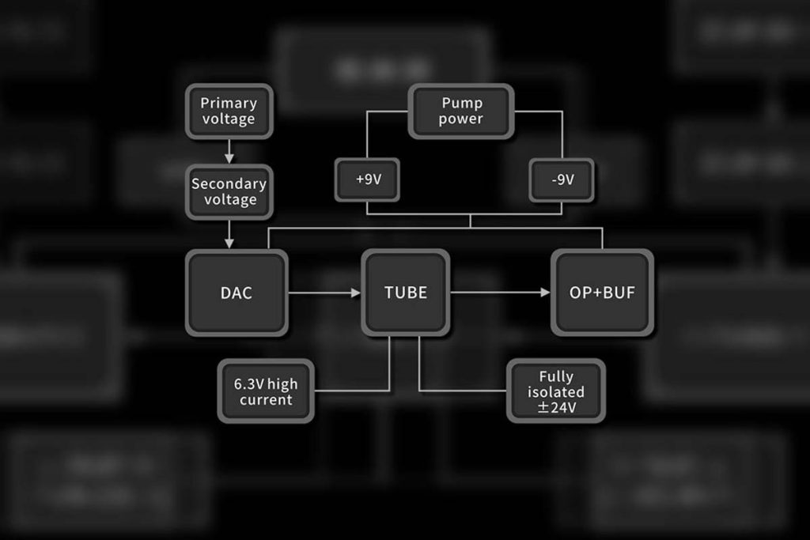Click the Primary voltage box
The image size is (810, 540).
click(x=229, y=111)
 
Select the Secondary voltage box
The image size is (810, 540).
click(x=229, y=191)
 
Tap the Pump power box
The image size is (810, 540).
click(x=461, y=111)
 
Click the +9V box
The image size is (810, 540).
click(x=368, y=179)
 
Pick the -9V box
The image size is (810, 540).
click(x=562, y=179)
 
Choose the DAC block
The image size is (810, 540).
click(x=236, y=293)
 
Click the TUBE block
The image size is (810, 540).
click(x=406, y=293)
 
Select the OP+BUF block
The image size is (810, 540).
click(x=602, y=293)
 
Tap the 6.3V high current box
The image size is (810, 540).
click(x=266, y=391)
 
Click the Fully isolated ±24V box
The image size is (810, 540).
click(x=556, y=391)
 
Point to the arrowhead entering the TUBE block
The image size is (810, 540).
click(x=355, y=293)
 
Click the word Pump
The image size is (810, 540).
click(x=461, y=103)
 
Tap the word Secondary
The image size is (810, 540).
click(x=229, y=183)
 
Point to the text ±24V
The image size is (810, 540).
click(x=556, y=408)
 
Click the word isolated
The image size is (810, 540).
click(x=556, y=392)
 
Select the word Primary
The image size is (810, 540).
click(x=229, y=103)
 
